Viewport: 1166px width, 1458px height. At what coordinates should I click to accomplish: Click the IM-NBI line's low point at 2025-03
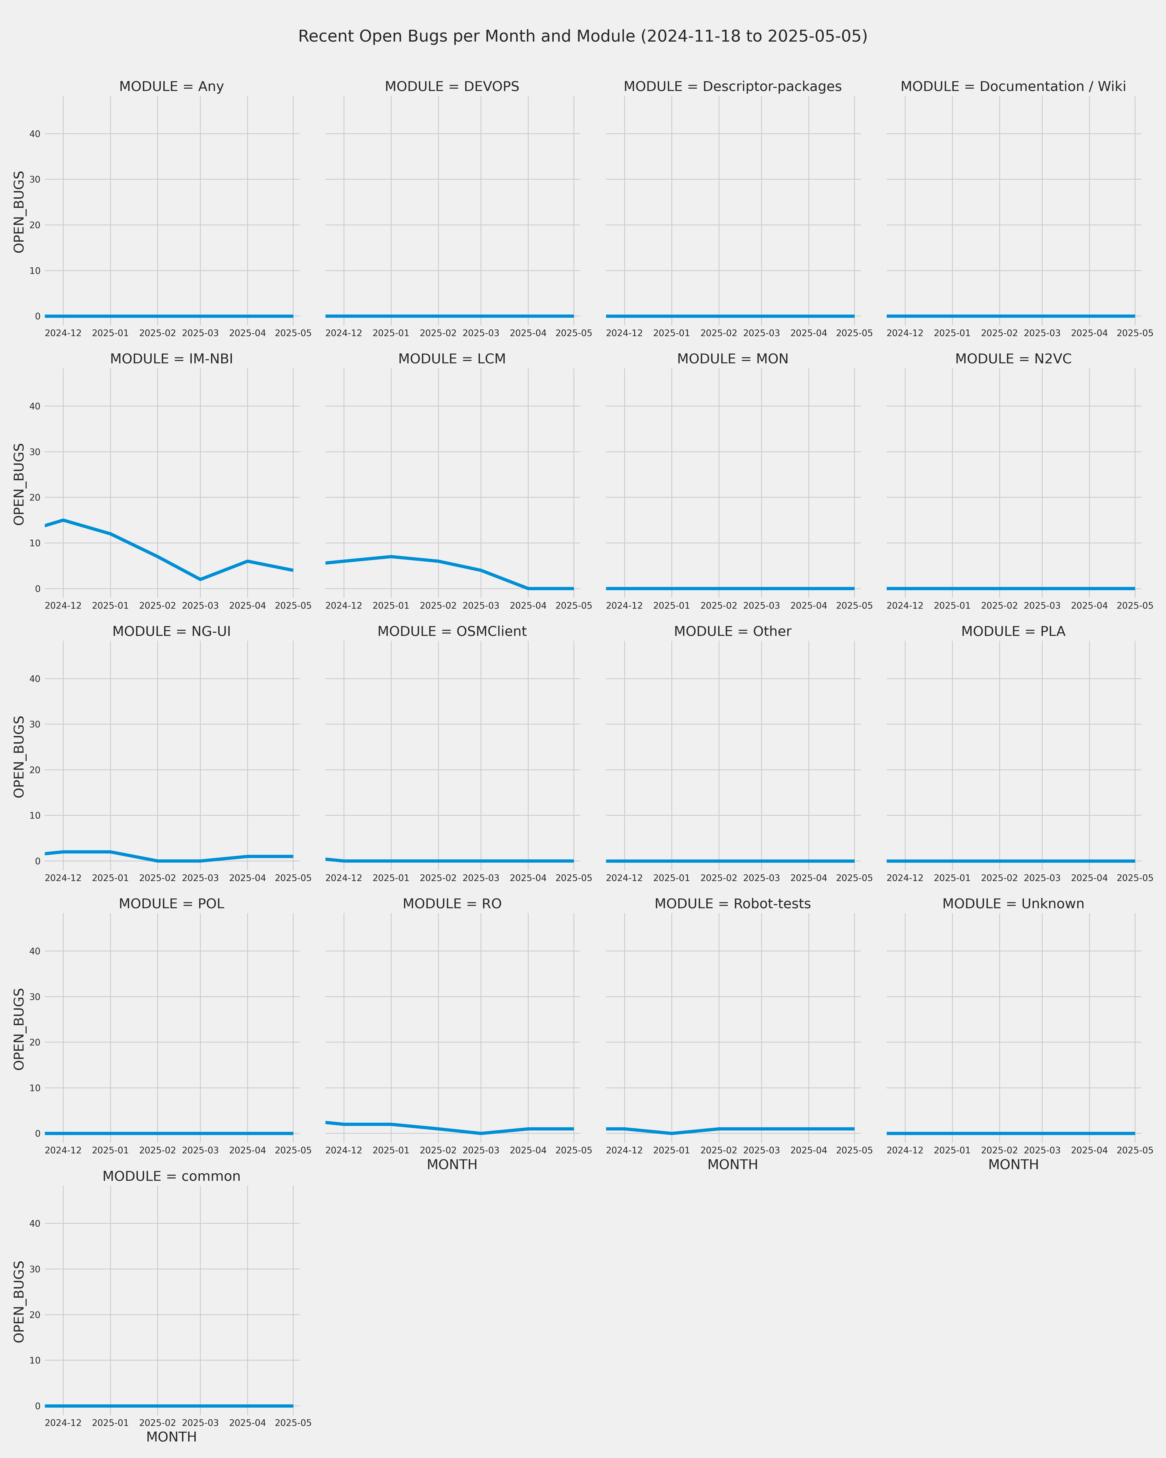click(x=200, y=580)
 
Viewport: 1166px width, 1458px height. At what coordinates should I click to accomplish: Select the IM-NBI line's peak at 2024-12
click(x=64, y=520)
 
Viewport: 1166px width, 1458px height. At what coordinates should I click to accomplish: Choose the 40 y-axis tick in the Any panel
click(x=34, y=134)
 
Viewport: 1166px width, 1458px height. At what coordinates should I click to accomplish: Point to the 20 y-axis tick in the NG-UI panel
click(x=34, y=770)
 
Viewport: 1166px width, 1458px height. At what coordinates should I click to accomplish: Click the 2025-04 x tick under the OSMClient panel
click(x=528, y=878)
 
